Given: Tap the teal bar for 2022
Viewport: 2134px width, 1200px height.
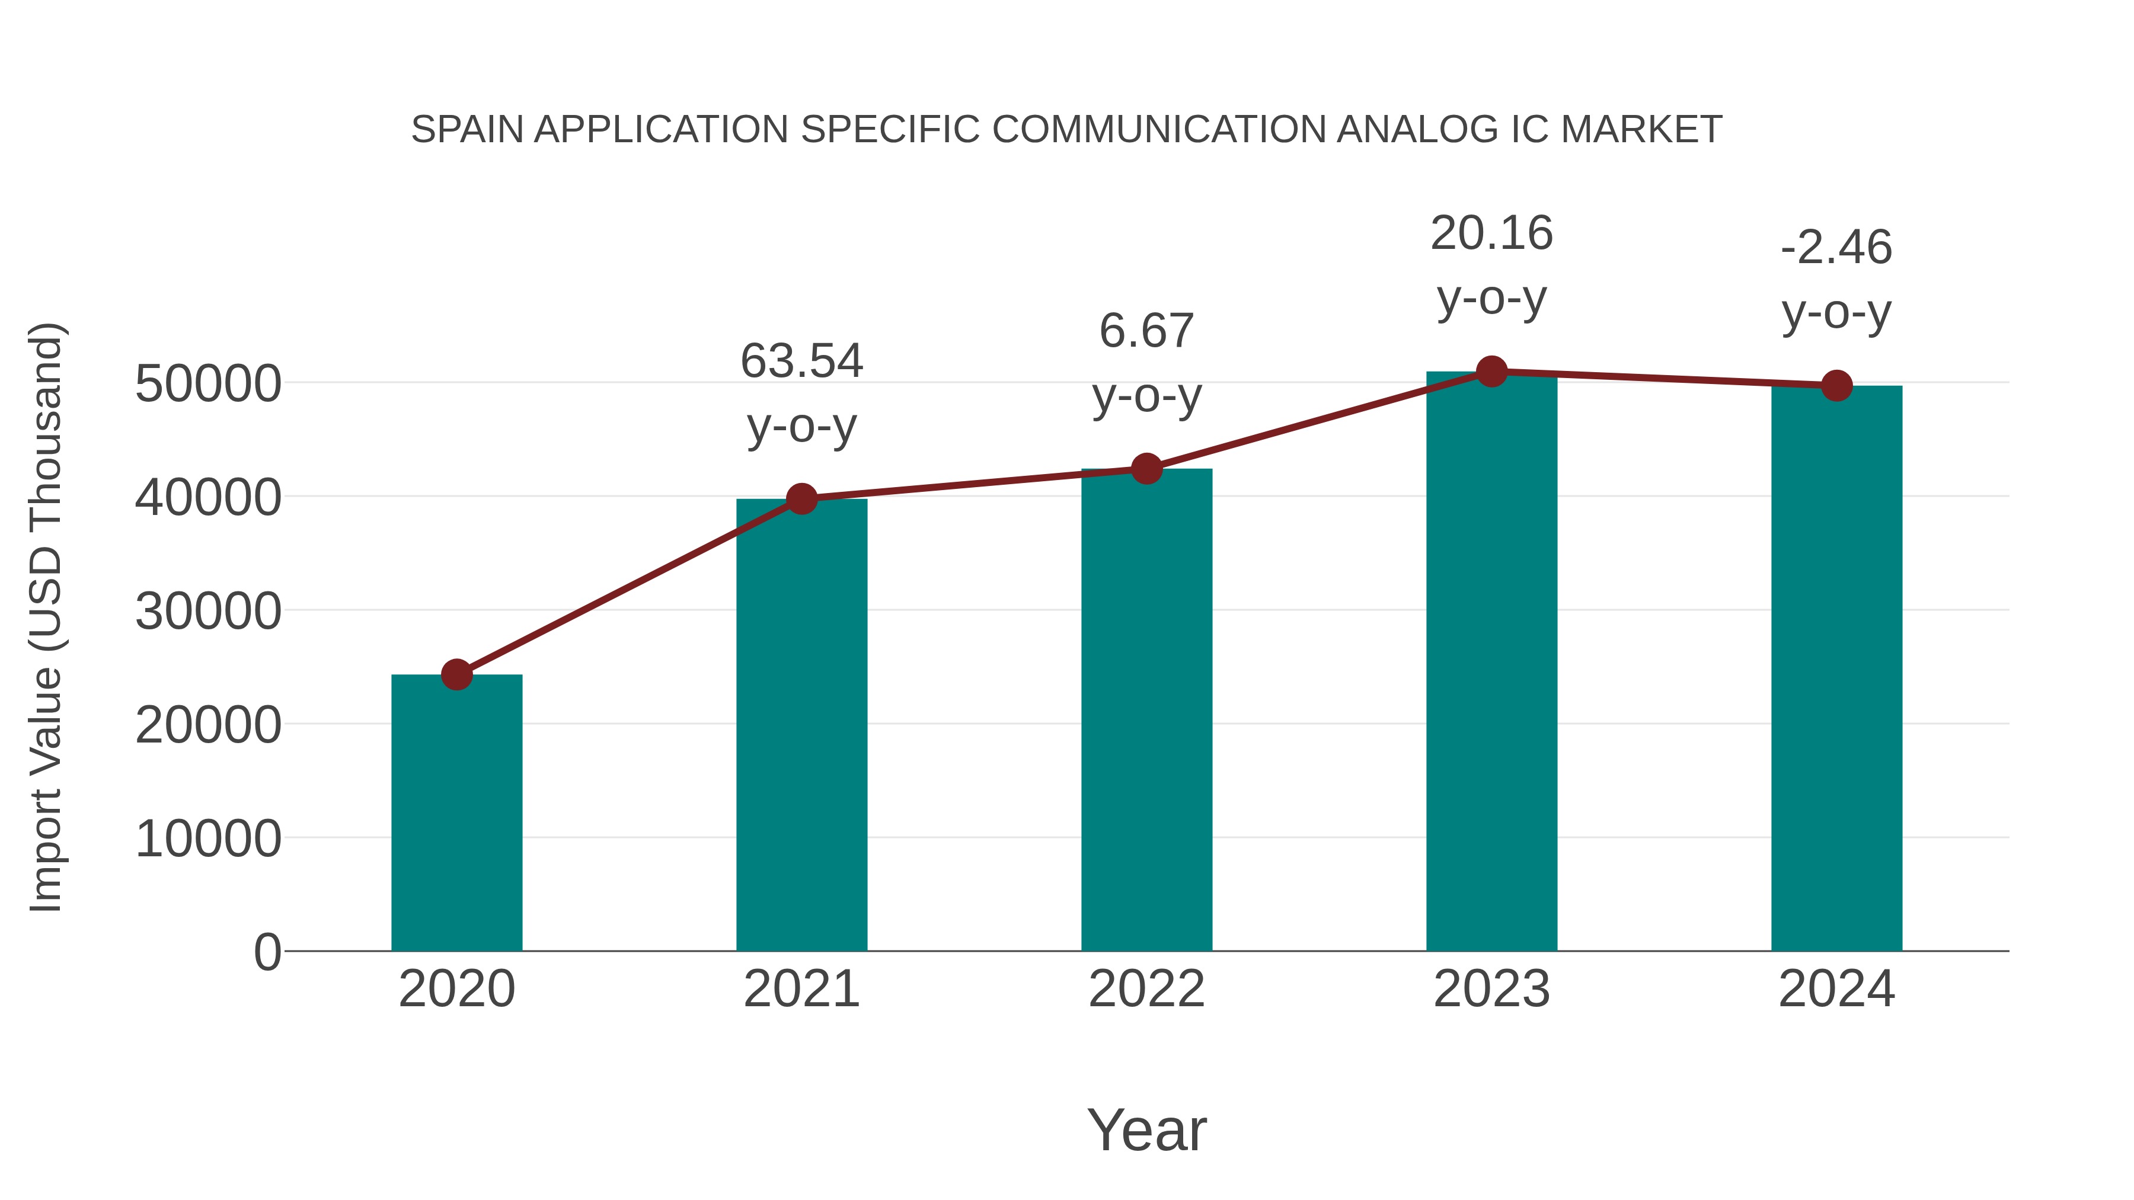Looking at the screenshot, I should click(x=1146, y=710).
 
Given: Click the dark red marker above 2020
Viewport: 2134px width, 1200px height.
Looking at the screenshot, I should click(x=456, y=674).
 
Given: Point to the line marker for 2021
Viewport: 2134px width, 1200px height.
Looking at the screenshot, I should click(x=801, y=498).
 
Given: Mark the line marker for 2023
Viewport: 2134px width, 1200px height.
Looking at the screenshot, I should click(x=1491, y=372).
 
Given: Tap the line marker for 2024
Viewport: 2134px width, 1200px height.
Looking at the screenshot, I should click(x=1836, y=385).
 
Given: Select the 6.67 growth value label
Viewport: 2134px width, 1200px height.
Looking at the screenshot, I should click(x=1146, y=331).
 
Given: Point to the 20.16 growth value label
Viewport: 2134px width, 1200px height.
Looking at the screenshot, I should click(x=1491, y=233).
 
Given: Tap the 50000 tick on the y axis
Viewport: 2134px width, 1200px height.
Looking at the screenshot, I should click(x=208, y=383).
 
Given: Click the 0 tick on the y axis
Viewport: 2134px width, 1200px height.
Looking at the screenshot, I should click(x=267, y=952).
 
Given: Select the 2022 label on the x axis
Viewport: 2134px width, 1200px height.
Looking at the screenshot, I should click(x=1146, y=989).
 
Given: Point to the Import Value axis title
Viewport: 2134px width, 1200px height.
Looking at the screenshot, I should click(x=46, y=617).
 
